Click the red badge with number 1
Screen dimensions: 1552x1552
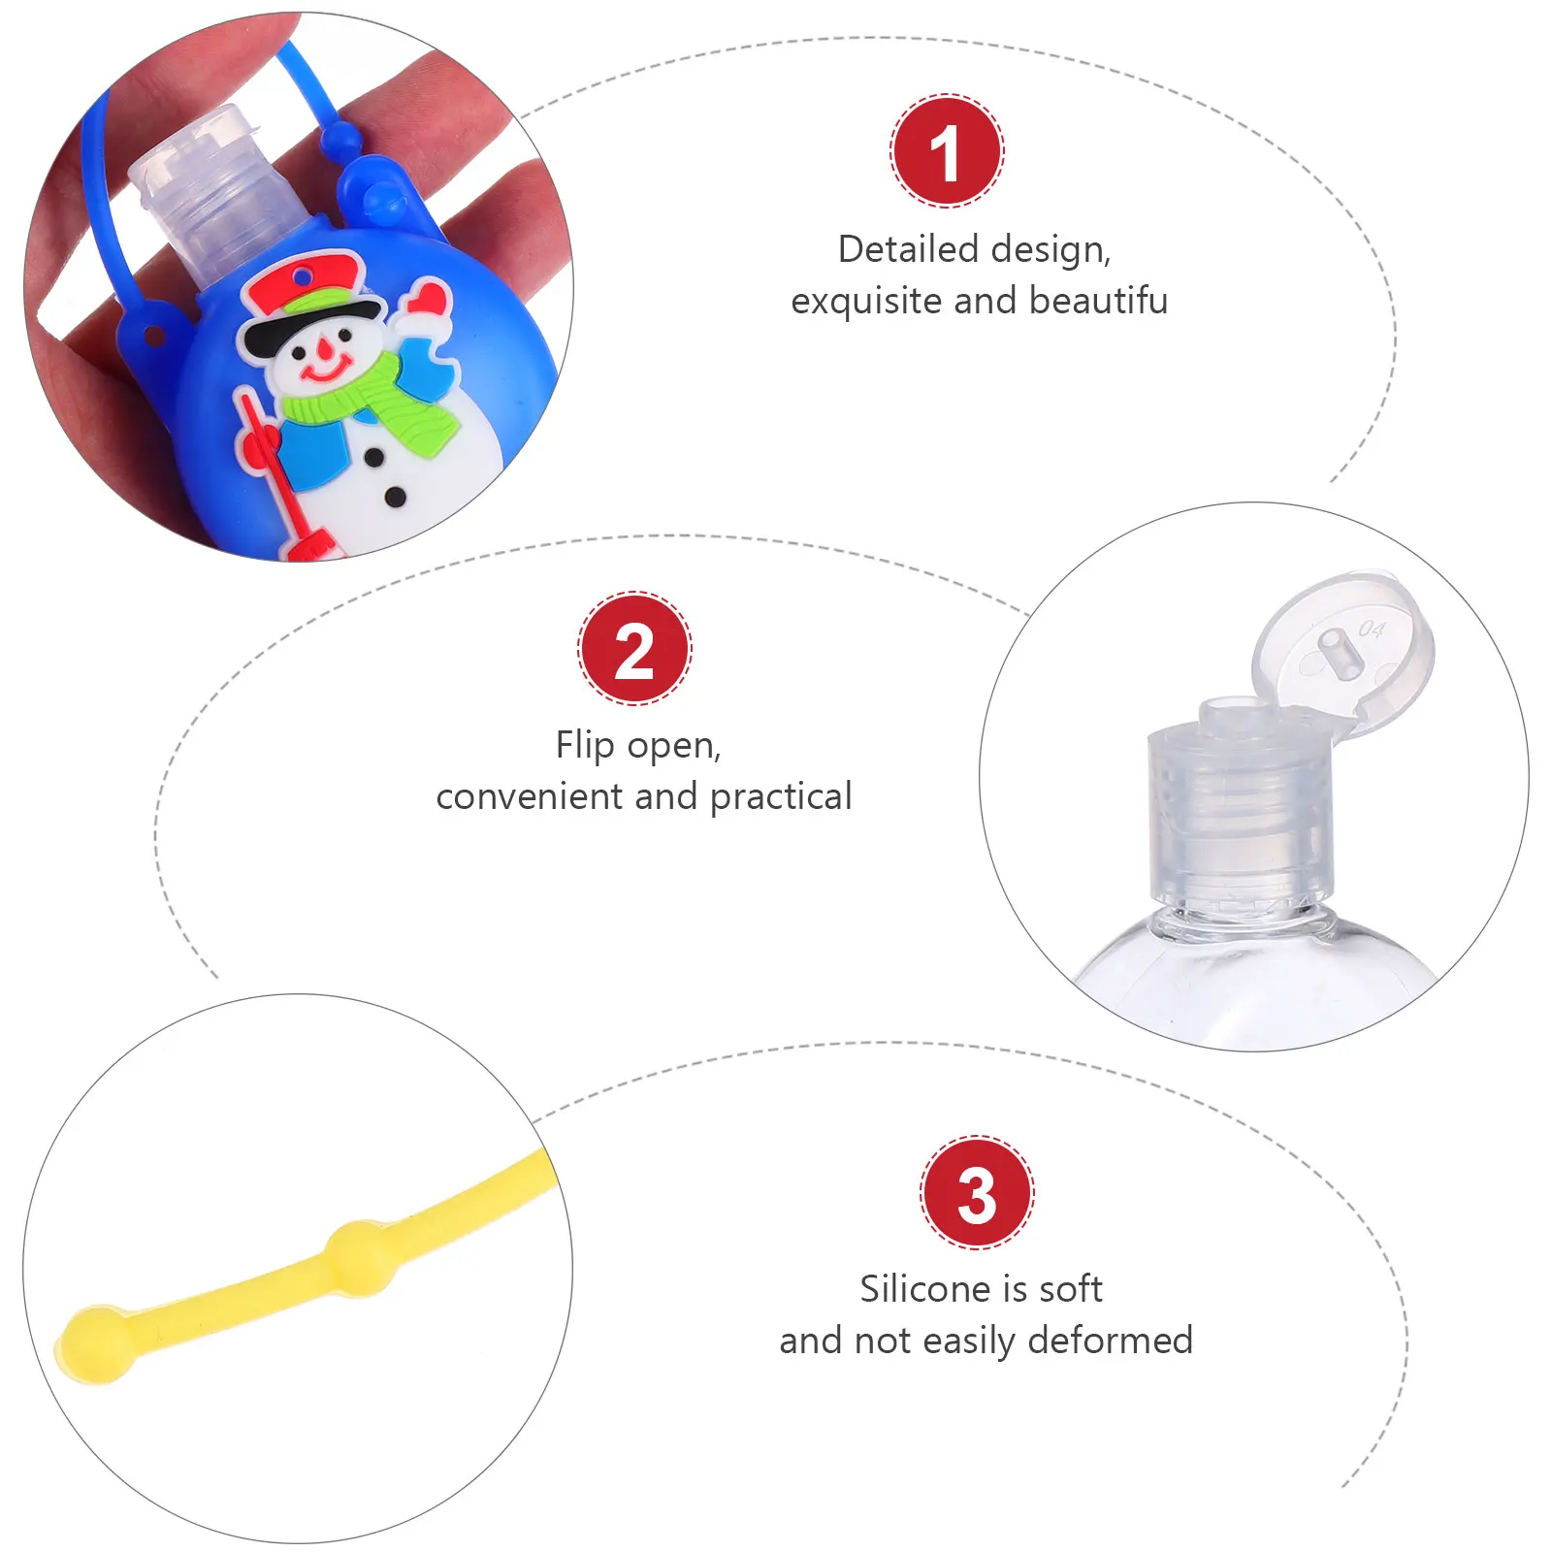[947, 151]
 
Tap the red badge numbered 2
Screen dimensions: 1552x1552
[634, 649]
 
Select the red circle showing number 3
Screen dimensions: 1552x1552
[977, 1192]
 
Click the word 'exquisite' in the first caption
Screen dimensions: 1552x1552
[866, 301]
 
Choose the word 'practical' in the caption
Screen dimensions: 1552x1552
[781, 796]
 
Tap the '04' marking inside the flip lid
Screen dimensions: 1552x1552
[1372, 630]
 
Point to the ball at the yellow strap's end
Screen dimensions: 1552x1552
[94, 1343]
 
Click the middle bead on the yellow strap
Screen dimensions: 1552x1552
[361, 1258]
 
